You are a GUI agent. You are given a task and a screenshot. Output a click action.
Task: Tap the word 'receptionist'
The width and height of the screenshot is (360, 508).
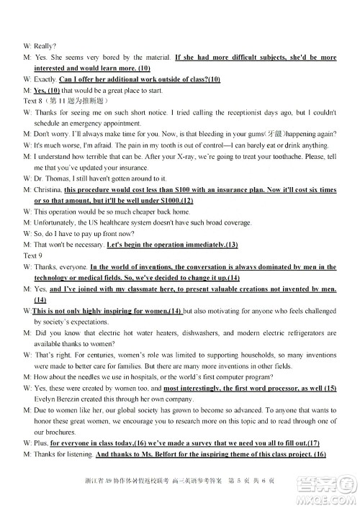click(243, 113)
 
